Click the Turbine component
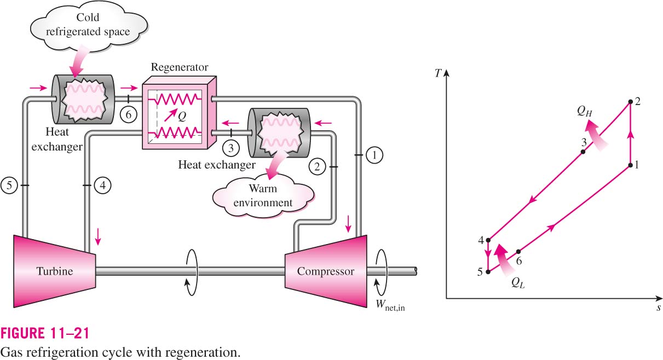(55, 271)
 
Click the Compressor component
(326, 271)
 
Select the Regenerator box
(180, 113)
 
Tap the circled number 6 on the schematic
(129, 114)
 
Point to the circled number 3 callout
(231, 148)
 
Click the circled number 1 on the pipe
(374, 155)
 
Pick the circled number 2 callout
(318, 167)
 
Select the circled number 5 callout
(9, 185)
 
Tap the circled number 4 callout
(103, 185)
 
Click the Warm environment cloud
(263, 195)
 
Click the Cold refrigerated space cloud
(88, 25)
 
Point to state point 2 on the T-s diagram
(631, 102)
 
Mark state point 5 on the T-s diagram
(488, 272)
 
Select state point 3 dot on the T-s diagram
(583, 152)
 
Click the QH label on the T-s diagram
(585, 111)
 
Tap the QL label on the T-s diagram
(518, 283)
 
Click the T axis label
(438, 73)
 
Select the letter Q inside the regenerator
(182, 116)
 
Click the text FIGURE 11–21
(45, 333)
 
